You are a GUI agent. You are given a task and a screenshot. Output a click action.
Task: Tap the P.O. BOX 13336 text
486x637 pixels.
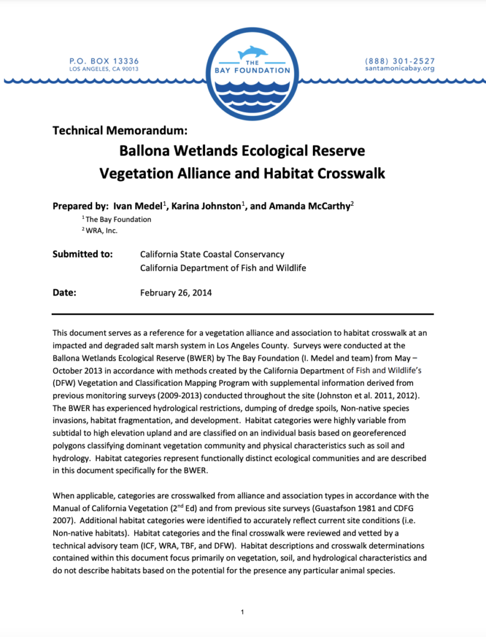point(104,61)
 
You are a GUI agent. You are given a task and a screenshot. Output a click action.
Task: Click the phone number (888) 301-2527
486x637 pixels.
point(400,61)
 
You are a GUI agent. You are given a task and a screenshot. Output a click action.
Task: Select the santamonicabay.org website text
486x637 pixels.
point(400,69)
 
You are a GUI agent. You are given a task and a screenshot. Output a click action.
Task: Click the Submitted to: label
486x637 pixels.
point(83,254)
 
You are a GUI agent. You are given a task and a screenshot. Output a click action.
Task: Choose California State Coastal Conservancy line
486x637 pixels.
point(212,254)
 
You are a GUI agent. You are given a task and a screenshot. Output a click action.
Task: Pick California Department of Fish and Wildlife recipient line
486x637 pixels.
point(223,268)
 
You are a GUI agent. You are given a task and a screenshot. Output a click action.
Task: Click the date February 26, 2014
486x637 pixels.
point(176,292)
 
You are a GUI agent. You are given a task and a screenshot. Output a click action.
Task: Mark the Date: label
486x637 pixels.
point(64,292)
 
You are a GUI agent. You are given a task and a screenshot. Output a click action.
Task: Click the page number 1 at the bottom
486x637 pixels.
point(242,613)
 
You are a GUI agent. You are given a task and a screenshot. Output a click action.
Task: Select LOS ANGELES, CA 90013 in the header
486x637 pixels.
point(104,69)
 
